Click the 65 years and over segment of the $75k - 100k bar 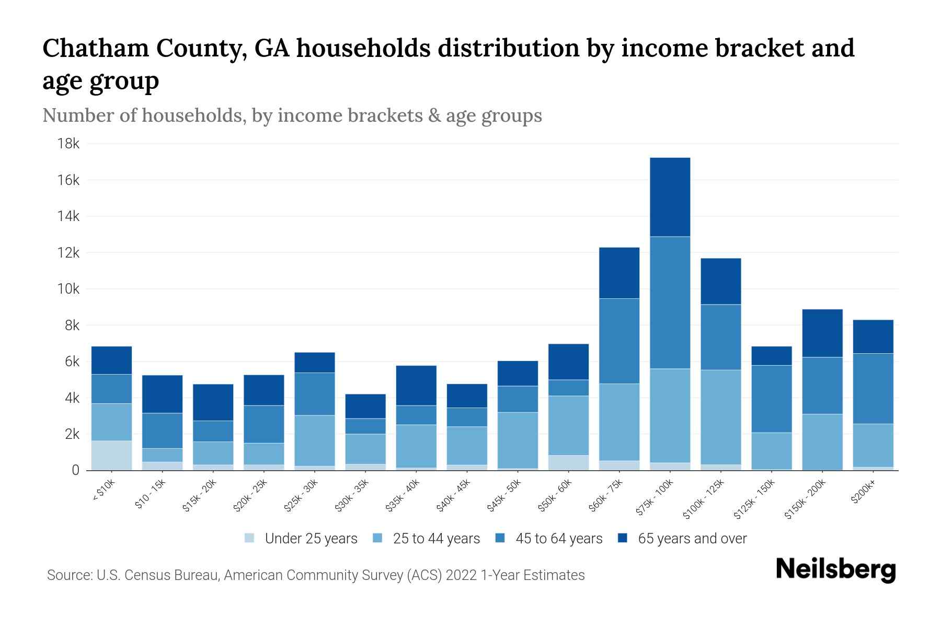pyautogui.click(x=670, y=197)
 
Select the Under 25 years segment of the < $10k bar pyautogui.click(x=111, y=455)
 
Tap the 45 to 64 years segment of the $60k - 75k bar pyautogui.click(x=619, y=341)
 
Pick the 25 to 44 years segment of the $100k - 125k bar pyautogui.click(x=720, y=417)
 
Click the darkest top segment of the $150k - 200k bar pyautogui.click(x=822, y=333)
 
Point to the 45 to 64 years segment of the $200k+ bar pyautogui.click(x=873, y=388)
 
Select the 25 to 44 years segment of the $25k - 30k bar pyautogui.click(x=315, y=440)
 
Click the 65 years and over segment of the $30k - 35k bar pyautogui.click(x=365, y=406)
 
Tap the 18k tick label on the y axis pyautogui.click(x=68, y=144)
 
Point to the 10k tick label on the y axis pyautogui.click(x=68, y=289)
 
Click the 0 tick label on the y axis pyautogui.click(x=75, y=470)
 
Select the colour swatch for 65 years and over pyautogui.click(x=623, y=538)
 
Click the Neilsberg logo pyautogui.click(x=835, y=570)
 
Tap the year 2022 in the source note pyautogui.click(x=461, y=575)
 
